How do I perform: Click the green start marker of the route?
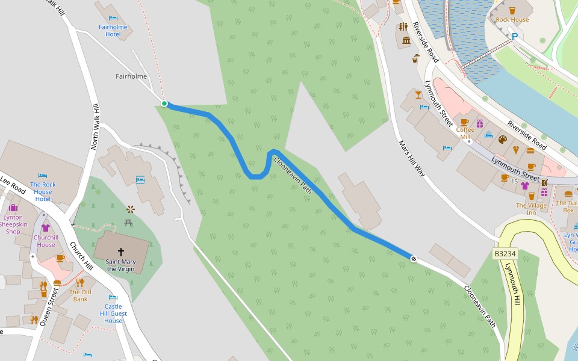point(164,103)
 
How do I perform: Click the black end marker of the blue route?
point(414,259)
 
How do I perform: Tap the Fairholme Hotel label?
point(113,31)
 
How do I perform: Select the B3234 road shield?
point(505,255)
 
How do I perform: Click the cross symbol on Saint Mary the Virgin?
point(120,251)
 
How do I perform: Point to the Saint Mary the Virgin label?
point(120,265)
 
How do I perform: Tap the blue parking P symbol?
point(515,37)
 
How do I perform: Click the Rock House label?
point(512,20)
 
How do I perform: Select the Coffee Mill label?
point(465,133)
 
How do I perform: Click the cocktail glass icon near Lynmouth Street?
point(418,94)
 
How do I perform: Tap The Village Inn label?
point(531,209)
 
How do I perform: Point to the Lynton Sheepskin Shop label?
point(13,224)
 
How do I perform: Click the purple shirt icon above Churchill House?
point(45,228)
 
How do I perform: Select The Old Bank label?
point(80,295)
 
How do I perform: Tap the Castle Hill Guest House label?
point(113,313)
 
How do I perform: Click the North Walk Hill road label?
point(95,126)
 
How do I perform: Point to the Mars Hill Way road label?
point(412,158)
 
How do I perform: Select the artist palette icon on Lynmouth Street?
point(503,140)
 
